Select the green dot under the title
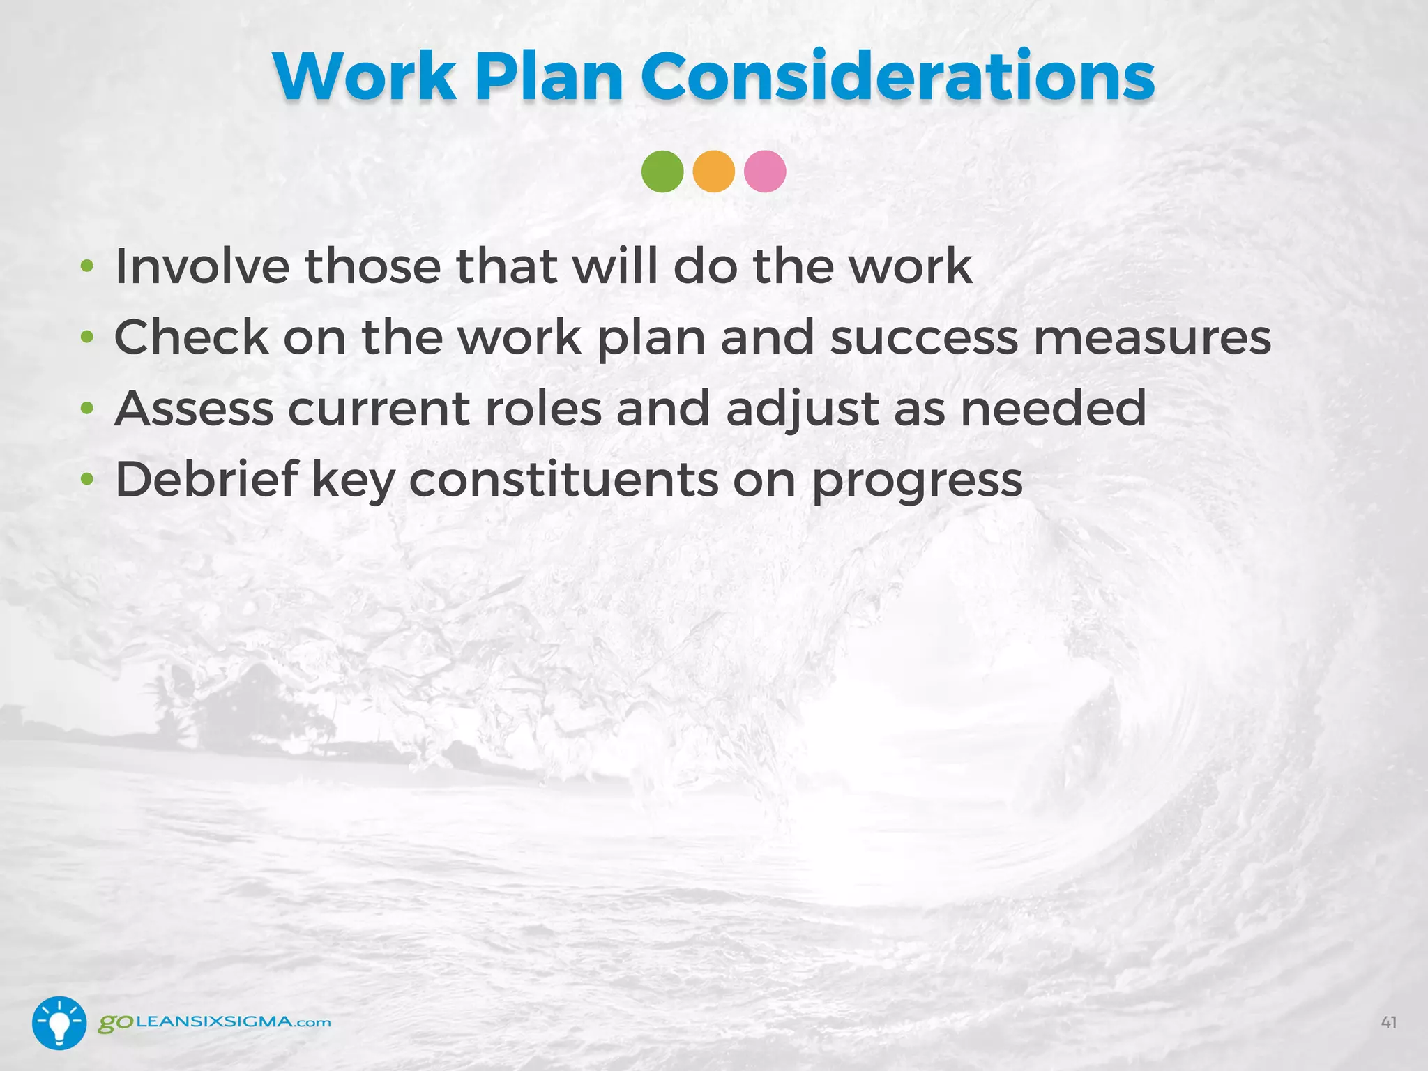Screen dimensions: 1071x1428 click(662, 172)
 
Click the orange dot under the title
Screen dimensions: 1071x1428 click(713, 172)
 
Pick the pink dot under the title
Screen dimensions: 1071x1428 click(765, 172)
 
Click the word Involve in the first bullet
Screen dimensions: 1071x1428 click(202, 266)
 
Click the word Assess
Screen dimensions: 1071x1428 click(194, 409)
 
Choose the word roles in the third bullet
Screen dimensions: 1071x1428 click(543, 409)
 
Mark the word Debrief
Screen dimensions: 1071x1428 click(206, 480)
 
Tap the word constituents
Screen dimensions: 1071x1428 click(563, 480)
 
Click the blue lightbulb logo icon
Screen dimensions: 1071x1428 click(59, 1022)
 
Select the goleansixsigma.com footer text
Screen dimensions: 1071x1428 click(214, 1022)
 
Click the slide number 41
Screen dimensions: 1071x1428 click(1388, 1022)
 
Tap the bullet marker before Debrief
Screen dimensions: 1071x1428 click(86, 480)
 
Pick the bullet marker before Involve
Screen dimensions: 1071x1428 click(86, 266)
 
